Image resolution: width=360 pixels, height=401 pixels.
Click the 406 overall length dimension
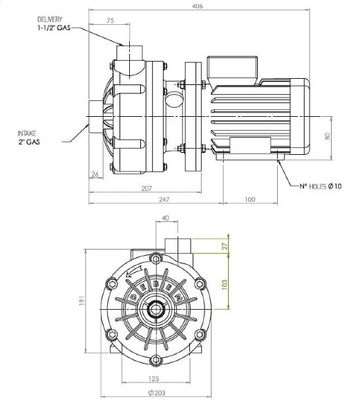(x=197, y=6)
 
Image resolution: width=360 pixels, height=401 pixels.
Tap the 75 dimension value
(x=110, y=20)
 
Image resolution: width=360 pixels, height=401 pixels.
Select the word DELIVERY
(x=50, y=19)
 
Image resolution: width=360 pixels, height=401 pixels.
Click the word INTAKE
(x=27, y=133)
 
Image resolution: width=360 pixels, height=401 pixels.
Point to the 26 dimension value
(x=95, y=174)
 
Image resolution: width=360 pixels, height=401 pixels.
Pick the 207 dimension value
(x=146, y=189)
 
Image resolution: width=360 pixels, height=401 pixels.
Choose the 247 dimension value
(x=164, y=199)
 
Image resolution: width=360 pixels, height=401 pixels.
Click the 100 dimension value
(x=250, y=199)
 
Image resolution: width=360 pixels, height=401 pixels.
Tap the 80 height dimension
(x=328, y=136)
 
